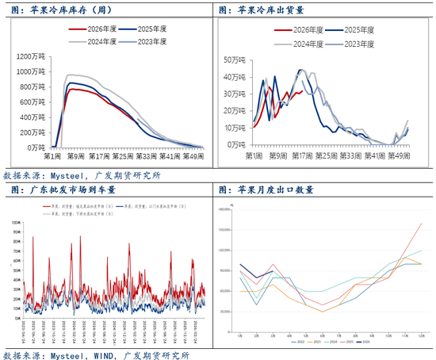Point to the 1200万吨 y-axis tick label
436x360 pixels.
pos(33,56)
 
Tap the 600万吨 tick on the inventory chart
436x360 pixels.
pos(34,102)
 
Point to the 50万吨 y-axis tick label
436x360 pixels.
pos(234,59)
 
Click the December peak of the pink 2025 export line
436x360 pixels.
pos(421,223)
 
